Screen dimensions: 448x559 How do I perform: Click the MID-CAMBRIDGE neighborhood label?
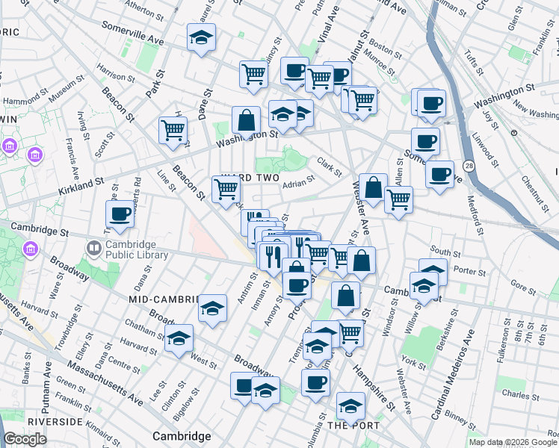coord(164,299)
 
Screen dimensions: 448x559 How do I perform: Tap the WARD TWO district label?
coord(250,178)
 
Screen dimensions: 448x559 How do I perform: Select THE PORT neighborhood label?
coord(353,426)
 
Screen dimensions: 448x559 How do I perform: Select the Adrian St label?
coord(298,184)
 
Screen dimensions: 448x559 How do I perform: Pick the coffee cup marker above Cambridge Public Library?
coord(120,214)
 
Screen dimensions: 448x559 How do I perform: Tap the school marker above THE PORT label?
coord(350,405)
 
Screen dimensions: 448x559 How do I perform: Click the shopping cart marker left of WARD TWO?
coord(226,188)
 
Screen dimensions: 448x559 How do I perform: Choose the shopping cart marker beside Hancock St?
coord(173,129)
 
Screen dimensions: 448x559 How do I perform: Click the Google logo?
coord(25,439)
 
